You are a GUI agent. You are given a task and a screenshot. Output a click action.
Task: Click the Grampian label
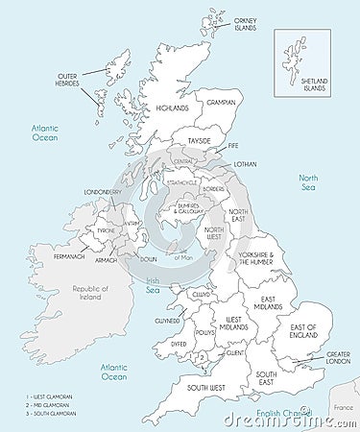tap(221, 101)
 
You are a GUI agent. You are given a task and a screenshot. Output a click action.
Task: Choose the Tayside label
tap(199, 140)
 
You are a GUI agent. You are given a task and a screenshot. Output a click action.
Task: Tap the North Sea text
tap(308, 182)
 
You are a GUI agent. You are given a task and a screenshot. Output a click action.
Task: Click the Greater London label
tap(338, 358)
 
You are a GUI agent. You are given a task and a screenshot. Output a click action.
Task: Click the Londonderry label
tap(103, 192)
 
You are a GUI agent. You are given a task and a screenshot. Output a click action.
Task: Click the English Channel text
tap(274, 413)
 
